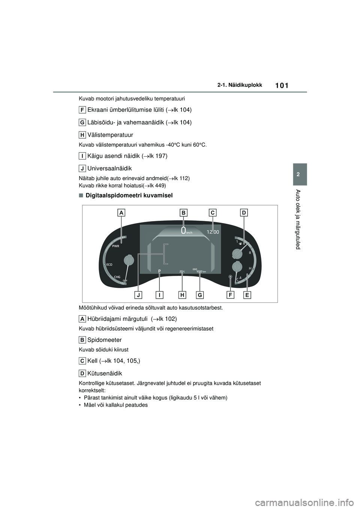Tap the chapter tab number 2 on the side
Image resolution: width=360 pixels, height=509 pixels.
click(300, 174)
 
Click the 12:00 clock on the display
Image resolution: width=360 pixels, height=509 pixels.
click(213, 232)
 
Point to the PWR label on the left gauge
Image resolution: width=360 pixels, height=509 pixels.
click(115, 246)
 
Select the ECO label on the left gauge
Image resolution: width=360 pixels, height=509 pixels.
click(109, 264)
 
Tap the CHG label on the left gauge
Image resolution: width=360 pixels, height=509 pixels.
click(117, 277)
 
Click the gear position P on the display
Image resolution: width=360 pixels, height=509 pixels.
click(159, 271)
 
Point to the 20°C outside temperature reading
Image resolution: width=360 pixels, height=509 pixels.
click(182, 271)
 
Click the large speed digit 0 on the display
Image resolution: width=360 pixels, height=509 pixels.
click(183, 231)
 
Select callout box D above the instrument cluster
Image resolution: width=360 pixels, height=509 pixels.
click(243, 213)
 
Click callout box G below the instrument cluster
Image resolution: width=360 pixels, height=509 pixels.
click(200, 295)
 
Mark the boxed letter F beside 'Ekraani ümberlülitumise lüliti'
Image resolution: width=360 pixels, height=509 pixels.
click(82, 110)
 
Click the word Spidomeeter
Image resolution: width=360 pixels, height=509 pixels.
click(104, 340)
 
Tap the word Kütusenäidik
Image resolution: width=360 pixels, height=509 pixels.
click(105, 373)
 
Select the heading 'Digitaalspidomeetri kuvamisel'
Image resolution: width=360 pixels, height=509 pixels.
click(129, 195)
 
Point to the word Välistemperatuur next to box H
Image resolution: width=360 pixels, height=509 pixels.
click(110, 135)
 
